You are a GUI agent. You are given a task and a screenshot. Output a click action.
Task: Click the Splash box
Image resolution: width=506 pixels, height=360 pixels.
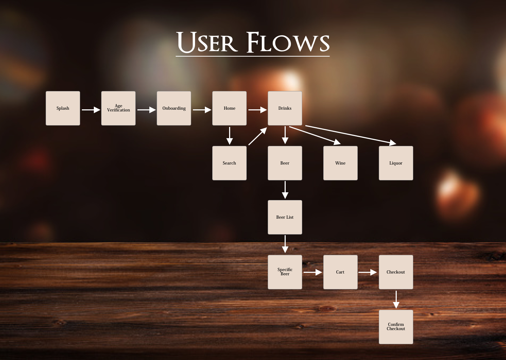coord(63,108)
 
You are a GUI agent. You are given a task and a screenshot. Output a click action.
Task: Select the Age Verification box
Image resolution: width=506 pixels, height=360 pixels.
coord(118,108)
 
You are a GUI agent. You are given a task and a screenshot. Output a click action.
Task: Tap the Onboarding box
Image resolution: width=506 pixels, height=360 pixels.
coord(174,108)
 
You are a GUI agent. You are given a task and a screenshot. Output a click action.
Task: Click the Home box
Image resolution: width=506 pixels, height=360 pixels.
coord(229,108)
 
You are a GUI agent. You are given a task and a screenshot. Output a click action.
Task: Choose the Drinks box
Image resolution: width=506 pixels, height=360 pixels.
coord(285,108)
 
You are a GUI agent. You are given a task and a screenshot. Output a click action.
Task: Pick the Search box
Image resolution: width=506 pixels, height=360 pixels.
coord(229,163)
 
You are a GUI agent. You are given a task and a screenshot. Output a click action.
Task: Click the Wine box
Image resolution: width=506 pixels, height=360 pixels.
coord(340,163)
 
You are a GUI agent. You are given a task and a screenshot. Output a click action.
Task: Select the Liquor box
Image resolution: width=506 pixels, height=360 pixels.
coord(396,163)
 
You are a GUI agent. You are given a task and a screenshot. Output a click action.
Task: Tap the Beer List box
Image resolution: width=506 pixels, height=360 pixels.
coord(285,217)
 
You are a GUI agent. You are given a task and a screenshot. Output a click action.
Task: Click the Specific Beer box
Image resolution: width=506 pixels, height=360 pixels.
coord(285,272)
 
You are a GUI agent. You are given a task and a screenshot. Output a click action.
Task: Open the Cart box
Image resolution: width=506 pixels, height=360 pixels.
coord(340,272)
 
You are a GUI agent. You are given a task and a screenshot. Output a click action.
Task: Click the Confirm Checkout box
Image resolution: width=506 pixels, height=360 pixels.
coord(396,327)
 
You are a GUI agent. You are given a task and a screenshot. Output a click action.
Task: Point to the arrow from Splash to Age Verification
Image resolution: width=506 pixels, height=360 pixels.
coord(91,110)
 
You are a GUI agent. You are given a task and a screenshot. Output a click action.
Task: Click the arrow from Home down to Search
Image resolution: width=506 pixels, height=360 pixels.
coord(229,136)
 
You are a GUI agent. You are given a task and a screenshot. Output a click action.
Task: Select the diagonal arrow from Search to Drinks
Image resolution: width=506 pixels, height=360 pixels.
coord(258,136)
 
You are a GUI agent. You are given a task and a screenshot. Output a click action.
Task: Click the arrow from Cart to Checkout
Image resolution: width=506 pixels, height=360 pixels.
coord(368,272)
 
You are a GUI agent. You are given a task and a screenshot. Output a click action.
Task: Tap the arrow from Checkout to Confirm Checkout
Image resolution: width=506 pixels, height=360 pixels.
coord(396,300)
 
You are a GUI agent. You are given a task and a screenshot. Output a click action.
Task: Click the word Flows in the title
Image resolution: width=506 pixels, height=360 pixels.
coord(288,43)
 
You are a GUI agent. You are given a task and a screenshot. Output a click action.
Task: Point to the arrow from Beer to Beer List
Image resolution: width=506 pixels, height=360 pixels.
coord(285,190)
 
